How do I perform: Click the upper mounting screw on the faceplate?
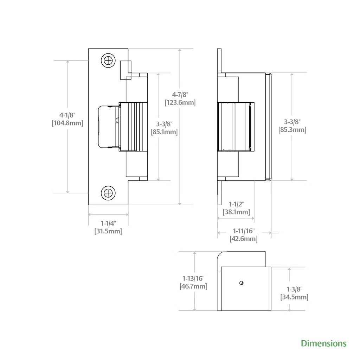(x=108, y=60)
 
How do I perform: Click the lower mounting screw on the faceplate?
(x=108, y=193)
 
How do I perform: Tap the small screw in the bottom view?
(x=241, y=283)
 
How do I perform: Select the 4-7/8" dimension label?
(x=180, y=95)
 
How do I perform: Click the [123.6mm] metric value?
(x=180, y=102)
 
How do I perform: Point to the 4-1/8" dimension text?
(x=67, y=115)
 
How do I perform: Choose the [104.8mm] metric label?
(x=67, y=123)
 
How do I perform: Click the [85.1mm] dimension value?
(x=164, y=132)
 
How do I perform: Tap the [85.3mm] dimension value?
(x=292, y=130)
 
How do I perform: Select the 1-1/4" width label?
(x=108, y=223)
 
